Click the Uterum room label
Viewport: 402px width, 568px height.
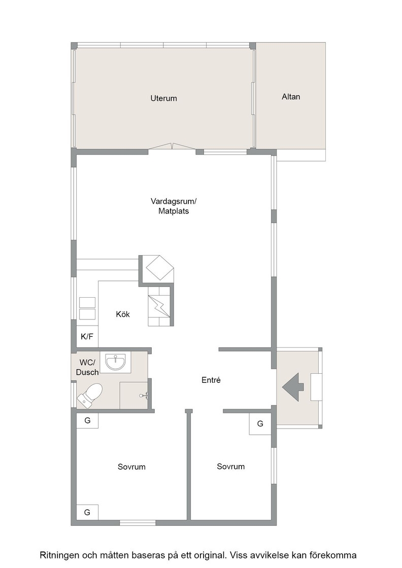pos(163,98)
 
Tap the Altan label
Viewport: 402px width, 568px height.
pos(291,97)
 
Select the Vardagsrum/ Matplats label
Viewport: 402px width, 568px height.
pos(174,206)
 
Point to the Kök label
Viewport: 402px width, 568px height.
pos(123,314)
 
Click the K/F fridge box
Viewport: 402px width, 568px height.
pos(87,337)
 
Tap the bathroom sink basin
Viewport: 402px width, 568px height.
pos(116,362)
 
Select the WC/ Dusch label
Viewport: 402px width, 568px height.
pos(87,367)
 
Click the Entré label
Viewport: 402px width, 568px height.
pos(211,380)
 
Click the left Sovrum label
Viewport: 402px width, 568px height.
pos(131,467)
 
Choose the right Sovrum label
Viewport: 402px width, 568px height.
pos(230,467)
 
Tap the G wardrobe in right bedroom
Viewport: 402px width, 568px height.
pos(260,424)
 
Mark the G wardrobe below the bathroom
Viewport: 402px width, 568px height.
pos(87,420)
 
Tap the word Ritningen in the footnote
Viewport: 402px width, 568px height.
pos(60,555)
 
